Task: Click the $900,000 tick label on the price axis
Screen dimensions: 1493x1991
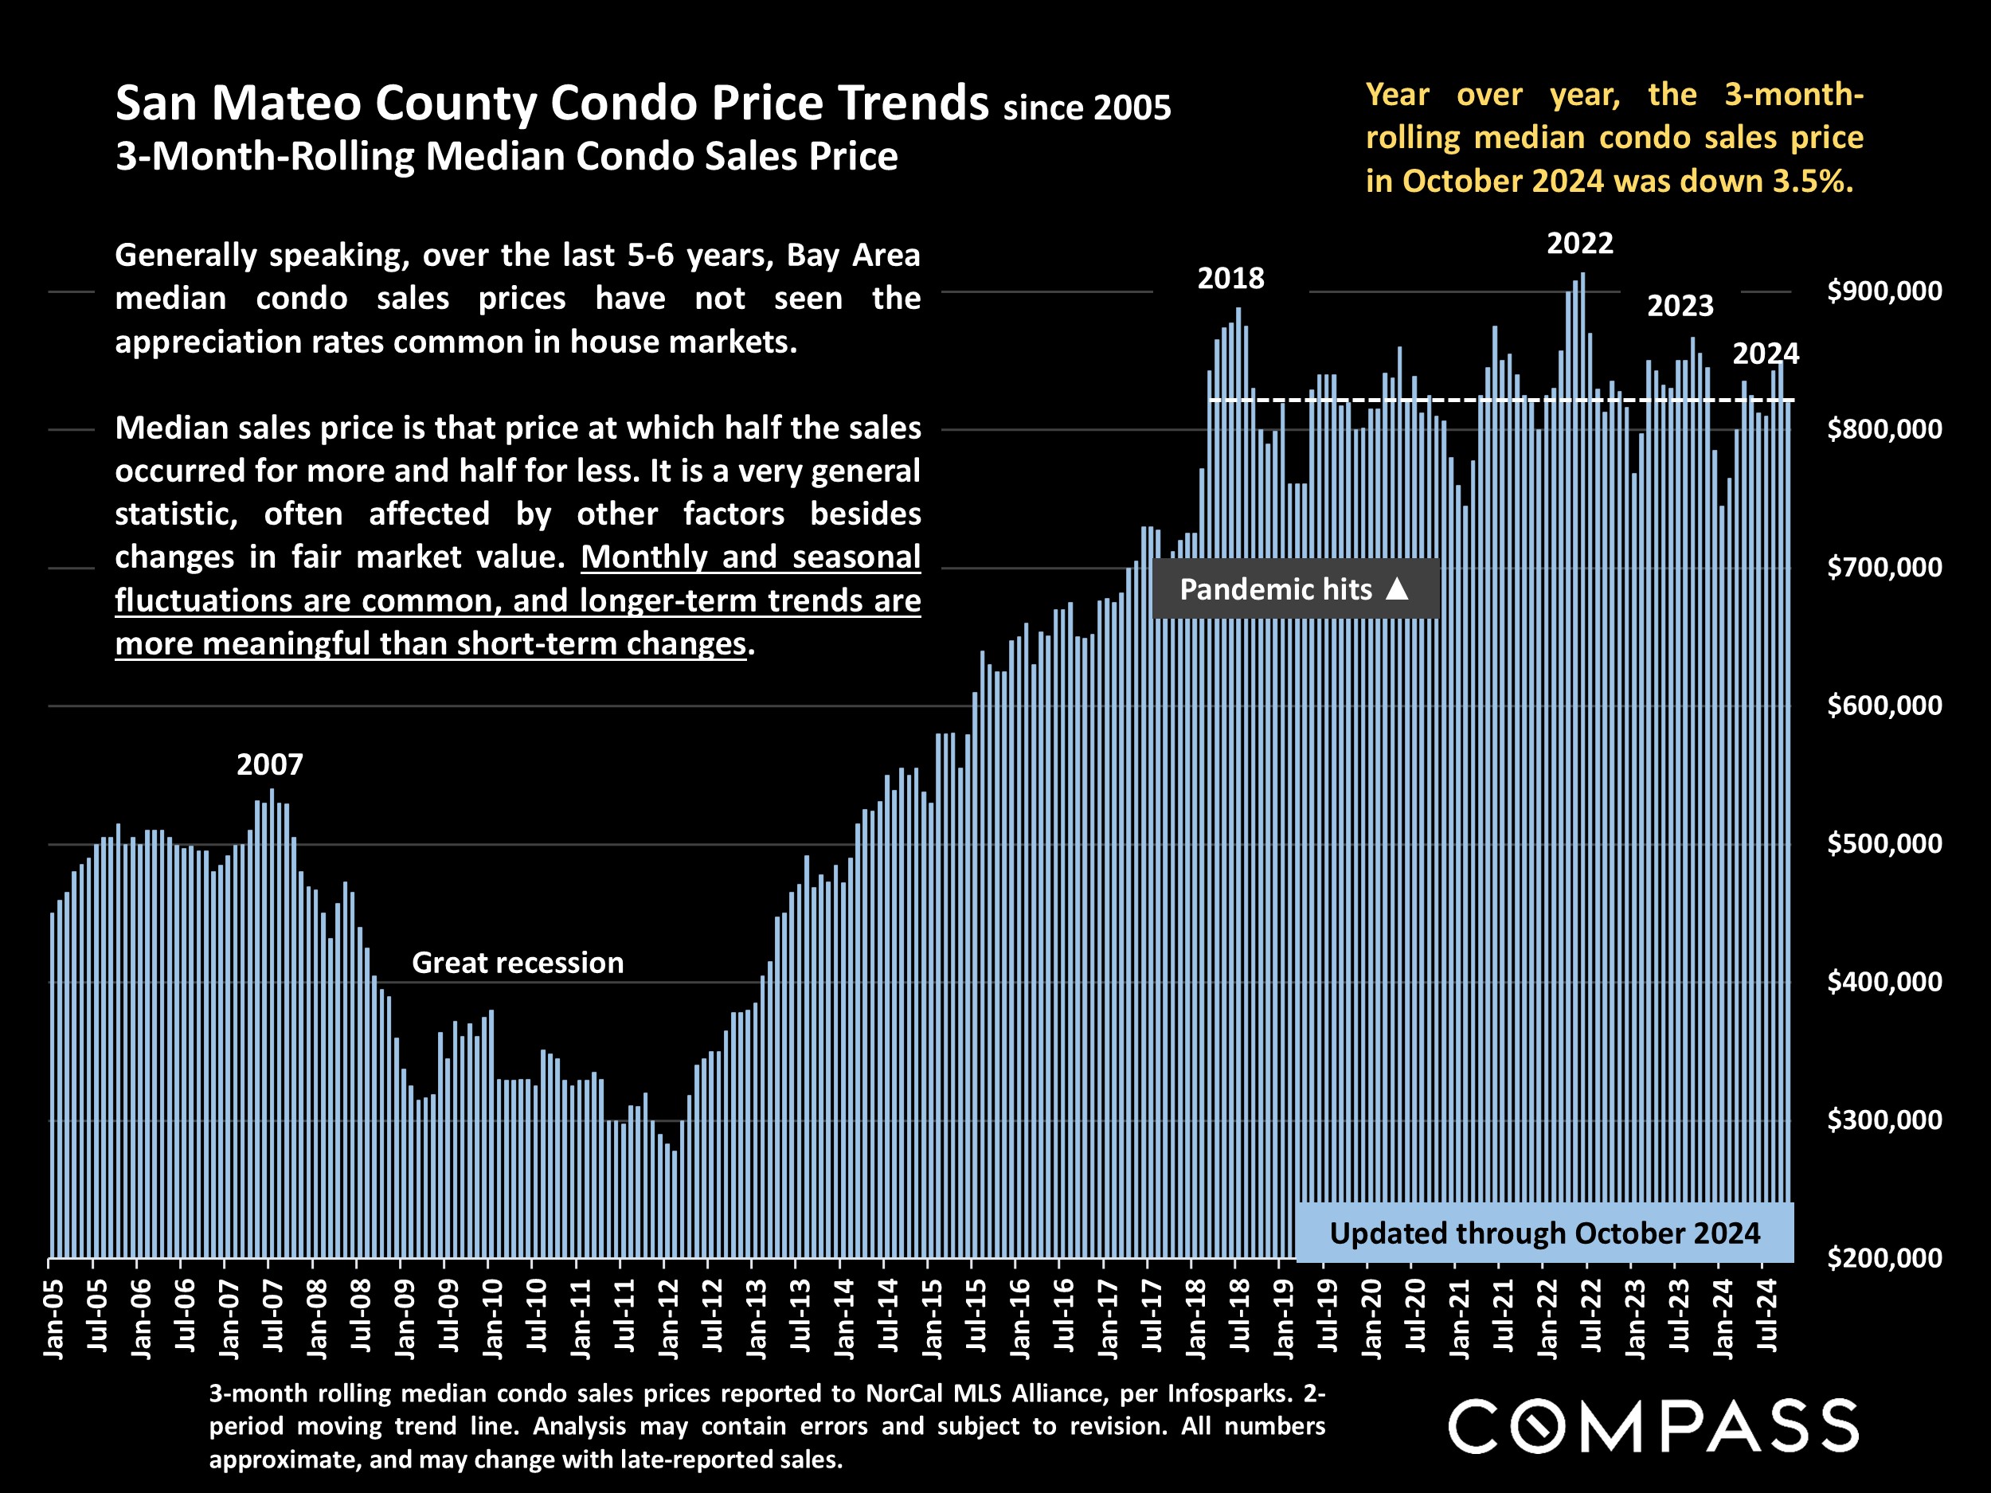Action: coord(1884,291)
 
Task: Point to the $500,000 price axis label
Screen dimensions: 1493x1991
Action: coord(1884,843)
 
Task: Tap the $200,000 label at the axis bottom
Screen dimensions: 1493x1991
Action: coord(1884,1257)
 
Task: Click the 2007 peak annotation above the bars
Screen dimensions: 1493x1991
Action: coord(270,765)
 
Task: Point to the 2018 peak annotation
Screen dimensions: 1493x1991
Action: coord(1230,279)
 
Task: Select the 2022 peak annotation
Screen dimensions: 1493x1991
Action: coord(1579,243)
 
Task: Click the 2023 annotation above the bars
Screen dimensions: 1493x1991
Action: coord(1680,306)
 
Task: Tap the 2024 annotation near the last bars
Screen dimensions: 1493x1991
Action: coord(1765,354)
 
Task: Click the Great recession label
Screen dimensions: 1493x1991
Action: coord(518,963)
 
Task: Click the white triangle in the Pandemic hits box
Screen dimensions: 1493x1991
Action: coord(1397,588)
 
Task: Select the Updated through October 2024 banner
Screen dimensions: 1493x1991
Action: coord(1544,1233)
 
